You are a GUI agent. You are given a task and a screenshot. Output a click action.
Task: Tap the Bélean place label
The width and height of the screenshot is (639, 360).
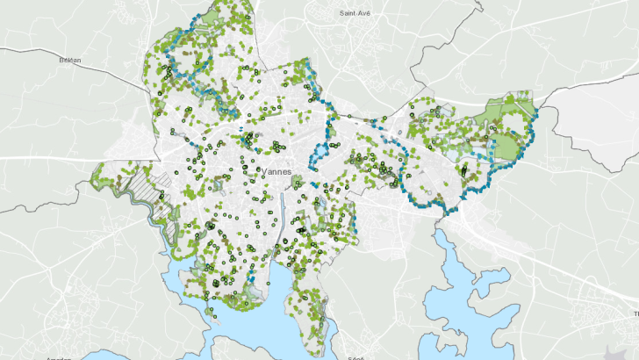click(69, 60)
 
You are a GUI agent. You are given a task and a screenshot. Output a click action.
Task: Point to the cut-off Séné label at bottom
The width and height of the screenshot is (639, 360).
click(355, 357)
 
